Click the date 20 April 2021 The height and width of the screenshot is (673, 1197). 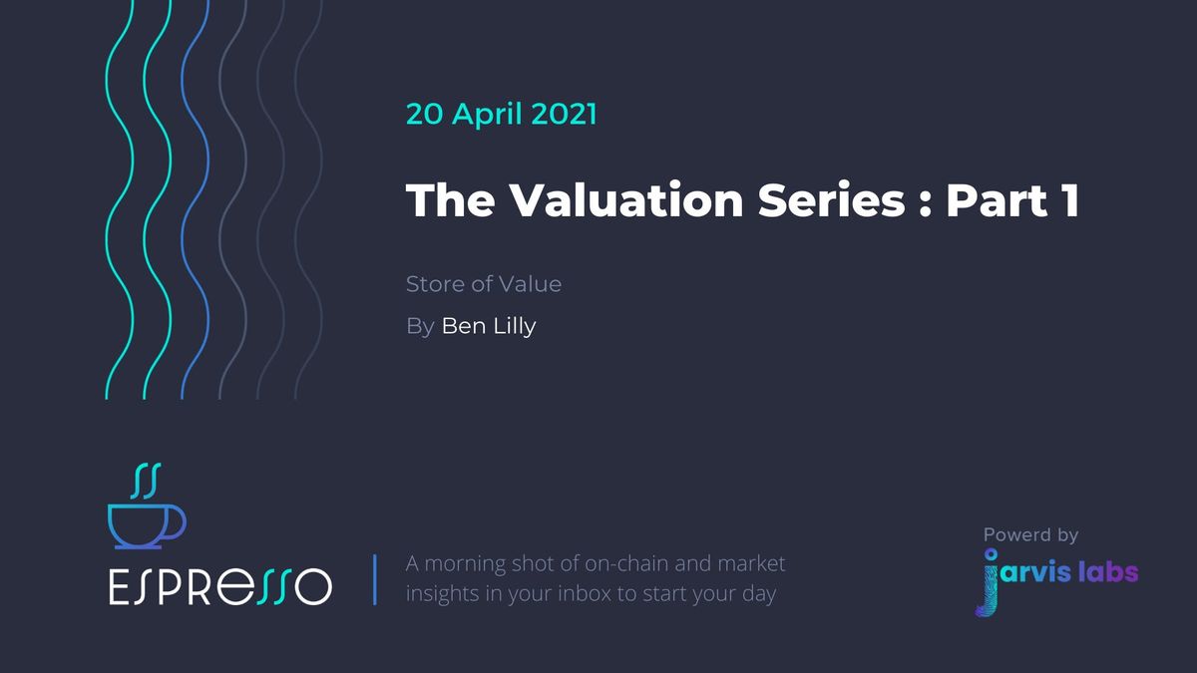(x=501, y=114)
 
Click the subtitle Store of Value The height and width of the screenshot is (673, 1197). (x=483, y=284)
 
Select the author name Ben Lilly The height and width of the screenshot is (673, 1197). (x=489, y=326)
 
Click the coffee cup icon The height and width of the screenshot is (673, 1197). (x=144, y=525)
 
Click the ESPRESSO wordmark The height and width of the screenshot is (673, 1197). (x=219, y=587)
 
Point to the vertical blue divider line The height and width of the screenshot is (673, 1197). (x=375, y=579)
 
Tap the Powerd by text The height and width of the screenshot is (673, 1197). (x=1030, y=535)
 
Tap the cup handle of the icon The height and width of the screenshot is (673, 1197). (x=177, y=522)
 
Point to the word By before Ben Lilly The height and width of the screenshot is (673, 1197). (x=419, y=326)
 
